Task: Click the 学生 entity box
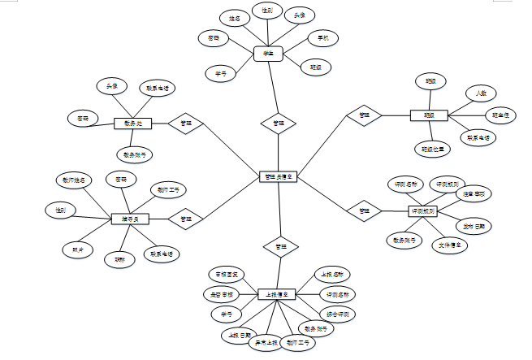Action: [266, 54]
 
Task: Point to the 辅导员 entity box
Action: [130, 219]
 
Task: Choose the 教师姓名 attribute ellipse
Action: [74, 180]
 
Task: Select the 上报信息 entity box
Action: [276, 293]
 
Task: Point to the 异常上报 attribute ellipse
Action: [263, 344]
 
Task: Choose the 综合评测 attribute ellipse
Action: [337, 313]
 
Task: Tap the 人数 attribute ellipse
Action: [481, 93]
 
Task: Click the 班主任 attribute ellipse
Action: [501, 115]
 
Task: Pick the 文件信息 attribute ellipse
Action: [450, 244]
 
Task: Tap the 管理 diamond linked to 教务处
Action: [186, 124]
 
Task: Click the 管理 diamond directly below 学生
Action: [279, 124]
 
